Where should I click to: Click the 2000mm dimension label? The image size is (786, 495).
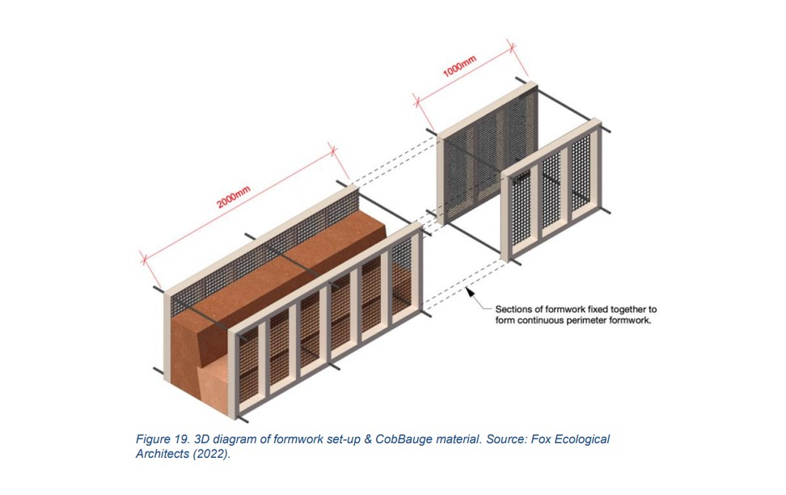[234, 197]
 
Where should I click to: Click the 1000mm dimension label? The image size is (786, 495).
[459, 66]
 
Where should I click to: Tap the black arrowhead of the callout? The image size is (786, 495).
[470, 291]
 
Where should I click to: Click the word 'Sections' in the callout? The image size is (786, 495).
[513, 310]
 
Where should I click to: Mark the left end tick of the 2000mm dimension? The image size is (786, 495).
[144, 260]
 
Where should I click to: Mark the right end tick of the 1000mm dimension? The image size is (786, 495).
[512, 47]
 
